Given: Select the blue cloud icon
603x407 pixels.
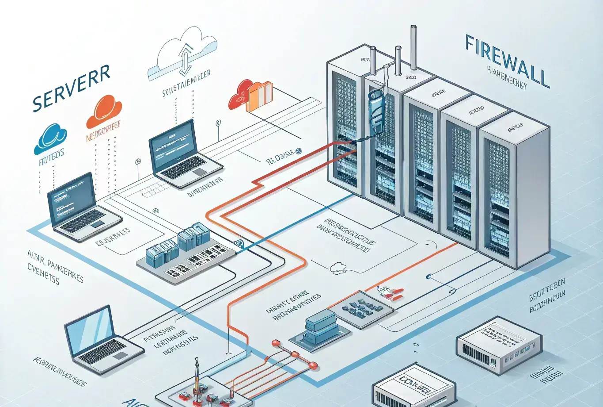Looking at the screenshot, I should [50, 138].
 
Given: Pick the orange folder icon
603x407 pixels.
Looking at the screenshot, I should [260, 95].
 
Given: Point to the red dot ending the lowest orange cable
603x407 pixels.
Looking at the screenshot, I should [313, 365].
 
